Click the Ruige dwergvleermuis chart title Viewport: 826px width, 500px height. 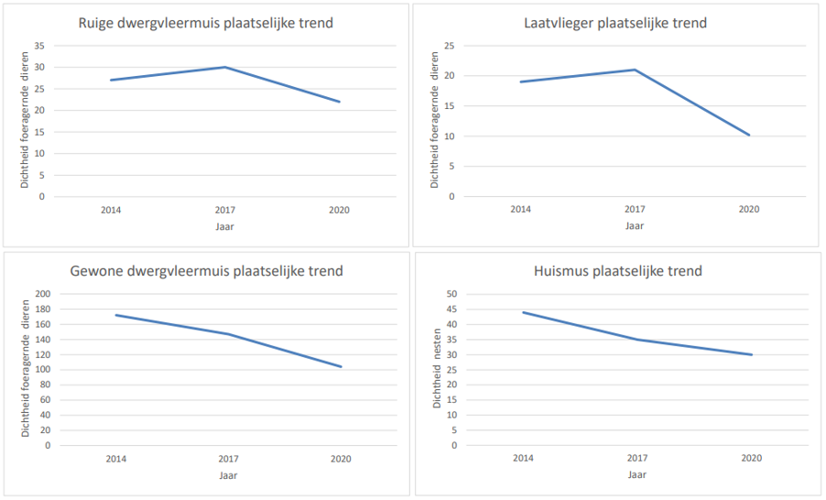(205, 23)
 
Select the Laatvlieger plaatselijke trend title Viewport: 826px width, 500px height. (615, 23)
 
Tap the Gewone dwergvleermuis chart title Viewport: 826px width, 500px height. (207, 271)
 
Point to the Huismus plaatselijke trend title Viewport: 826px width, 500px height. (618, 271)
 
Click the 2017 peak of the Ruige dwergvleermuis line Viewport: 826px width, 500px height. (225, 67)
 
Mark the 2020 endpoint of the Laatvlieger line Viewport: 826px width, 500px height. (749, 136)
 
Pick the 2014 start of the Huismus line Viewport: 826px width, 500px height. (523, 312)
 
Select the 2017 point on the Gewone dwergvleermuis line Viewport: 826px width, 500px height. (228, 334)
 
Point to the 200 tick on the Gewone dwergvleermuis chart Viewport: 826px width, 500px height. (41, 294)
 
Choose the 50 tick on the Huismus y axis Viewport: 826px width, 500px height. (451, 294)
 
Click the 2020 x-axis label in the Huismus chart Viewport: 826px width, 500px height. (751, 458)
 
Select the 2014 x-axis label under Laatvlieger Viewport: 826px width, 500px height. (521, 210)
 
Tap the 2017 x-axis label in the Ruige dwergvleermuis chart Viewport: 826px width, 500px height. (225, 210)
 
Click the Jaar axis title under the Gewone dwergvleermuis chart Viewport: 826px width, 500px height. (228, 475)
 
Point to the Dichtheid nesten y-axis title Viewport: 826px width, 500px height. (438, 370)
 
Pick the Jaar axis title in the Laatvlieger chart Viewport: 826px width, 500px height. (636, 225)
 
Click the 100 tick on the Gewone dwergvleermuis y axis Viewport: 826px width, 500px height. (41, 370)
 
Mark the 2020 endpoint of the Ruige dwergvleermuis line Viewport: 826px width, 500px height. (340, 102)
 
